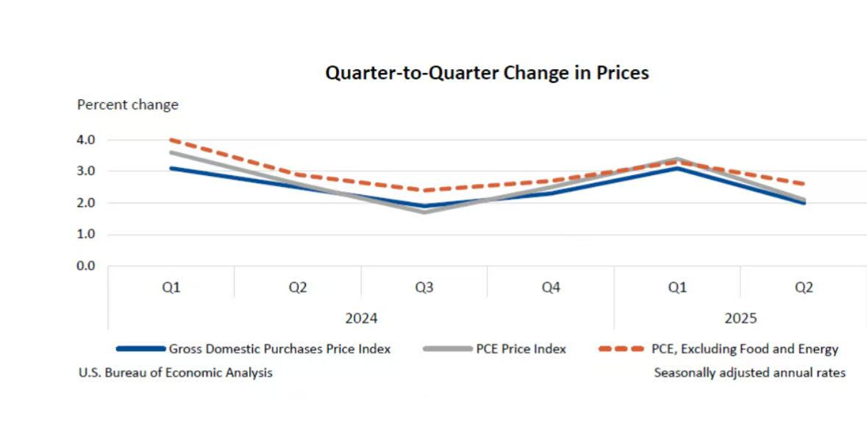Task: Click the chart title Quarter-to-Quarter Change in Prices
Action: (x=487, y=73)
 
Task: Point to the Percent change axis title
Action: (x=128, y=104)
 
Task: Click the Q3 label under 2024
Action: (x=424, y=288)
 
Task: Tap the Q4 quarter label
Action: (x=551, y=288)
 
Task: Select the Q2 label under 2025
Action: (x=804, y=288)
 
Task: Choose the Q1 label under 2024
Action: (x=171, y=288)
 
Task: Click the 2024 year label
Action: (x=361, y=319)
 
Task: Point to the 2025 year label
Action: (x=741, y=319)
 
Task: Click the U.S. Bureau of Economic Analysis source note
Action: (x=176, y=373)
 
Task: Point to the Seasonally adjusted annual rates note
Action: (x=749, y=373)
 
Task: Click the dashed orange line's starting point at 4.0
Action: (x=171, y=140)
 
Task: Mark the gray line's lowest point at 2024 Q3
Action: (x=424, y=212)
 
